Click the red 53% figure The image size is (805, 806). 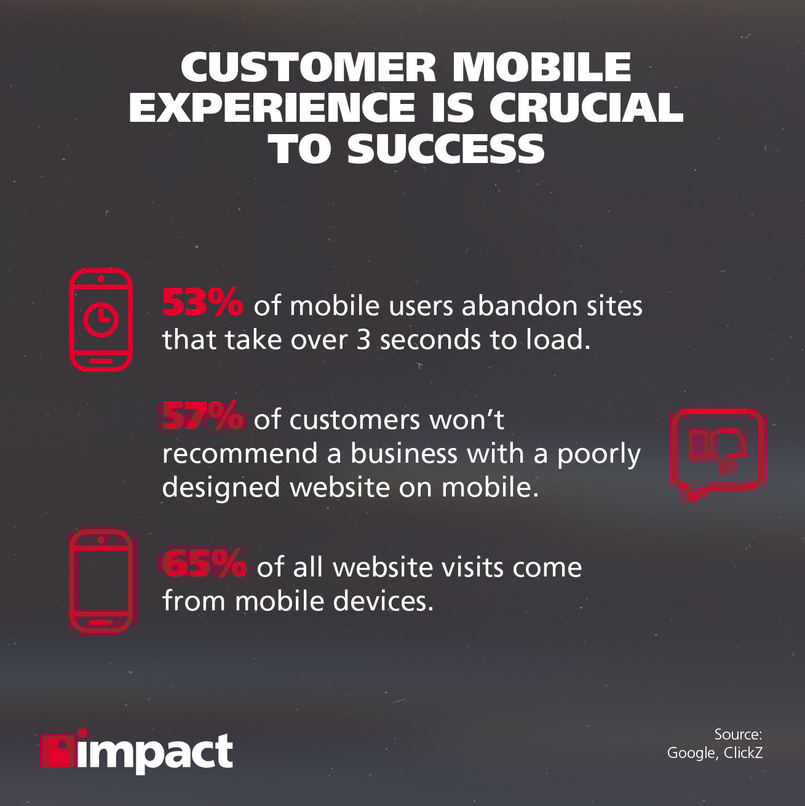(x=202, y=303)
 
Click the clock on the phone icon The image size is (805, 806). (x=101, y=320)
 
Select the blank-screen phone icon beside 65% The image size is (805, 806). (x=100, y=581)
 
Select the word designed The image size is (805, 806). (x=222, y=487)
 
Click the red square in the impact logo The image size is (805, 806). (x=57, y=749)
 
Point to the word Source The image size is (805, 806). (x=737, y=734)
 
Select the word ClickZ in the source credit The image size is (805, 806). (x=743, y=752)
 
